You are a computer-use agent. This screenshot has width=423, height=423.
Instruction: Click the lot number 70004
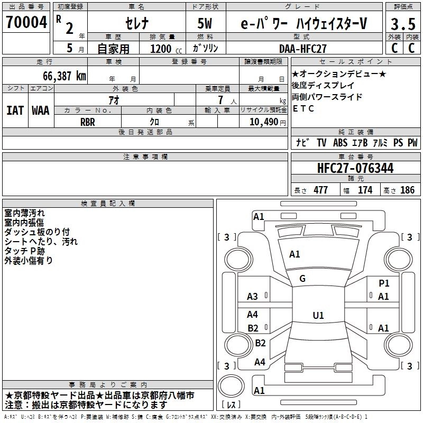[25, 23]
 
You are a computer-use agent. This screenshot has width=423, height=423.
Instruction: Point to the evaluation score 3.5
[402, 24]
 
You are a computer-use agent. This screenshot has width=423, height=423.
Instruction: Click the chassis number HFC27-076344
[355, 168]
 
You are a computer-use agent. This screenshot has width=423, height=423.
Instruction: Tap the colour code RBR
[88, 122]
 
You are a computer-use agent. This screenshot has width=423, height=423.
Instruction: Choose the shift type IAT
[15, 111]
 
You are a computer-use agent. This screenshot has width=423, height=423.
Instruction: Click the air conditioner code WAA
[41, 111]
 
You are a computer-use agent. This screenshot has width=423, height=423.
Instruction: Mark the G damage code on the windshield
[302, 279]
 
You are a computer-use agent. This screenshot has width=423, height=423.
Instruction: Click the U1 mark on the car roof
[318, 316]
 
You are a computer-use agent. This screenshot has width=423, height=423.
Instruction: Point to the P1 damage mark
[384, 283]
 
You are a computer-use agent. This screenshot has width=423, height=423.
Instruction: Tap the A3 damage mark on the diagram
[253, 297]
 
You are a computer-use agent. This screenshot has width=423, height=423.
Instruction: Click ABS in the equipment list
[341, 143]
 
